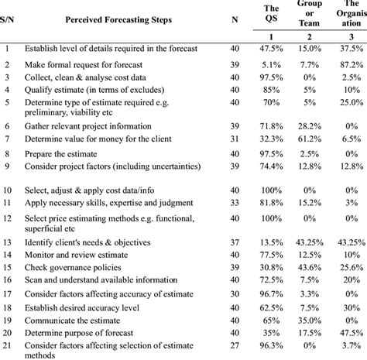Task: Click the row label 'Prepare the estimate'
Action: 69,153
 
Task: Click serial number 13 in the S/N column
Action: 8,242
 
